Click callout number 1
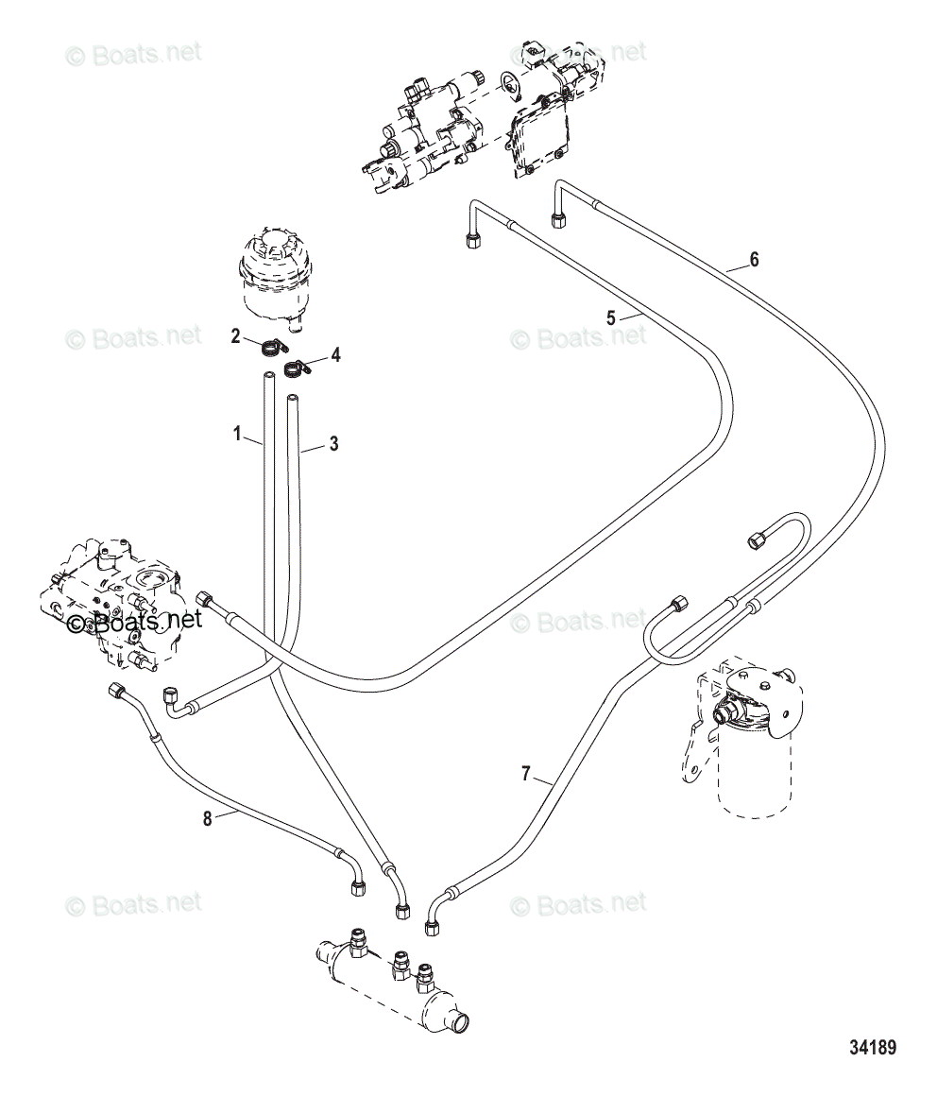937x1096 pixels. (x=237, y=434)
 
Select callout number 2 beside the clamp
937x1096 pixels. (x=235, y=336)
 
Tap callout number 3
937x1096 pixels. (x=334, y=443)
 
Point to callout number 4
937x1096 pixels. (x=335, y=355)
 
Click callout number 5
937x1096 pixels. (x=611, y=318)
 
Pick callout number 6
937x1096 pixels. (x=754, y=259)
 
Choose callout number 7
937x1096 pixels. (x=525, y=774)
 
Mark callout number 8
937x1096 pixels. (x=208, y=818)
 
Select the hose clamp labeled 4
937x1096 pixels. (x=298, y=368)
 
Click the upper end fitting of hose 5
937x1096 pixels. (x=472, y=241)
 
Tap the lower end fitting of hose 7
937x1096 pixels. (x=432, y=928)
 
